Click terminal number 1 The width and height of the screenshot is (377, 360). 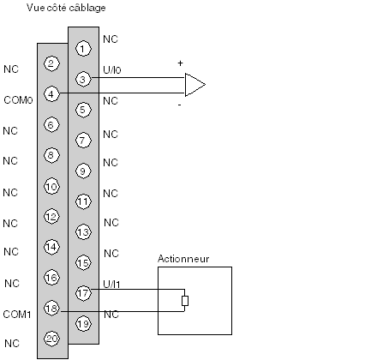(x=83, y=49)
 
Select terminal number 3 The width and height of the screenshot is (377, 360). (x=83, y=79)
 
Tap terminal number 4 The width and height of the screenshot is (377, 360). (x=51, y=94)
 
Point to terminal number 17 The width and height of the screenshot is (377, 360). (x=83, y=293)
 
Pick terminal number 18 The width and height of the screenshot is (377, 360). (x=51, y=309)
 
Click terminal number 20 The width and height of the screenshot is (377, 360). (x=51, y=339)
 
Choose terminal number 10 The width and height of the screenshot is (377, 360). (x=51, y=187)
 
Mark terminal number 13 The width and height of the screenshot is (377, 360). (x=83, y=232)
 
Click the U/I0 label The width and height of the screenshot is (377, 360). (x=112, y=69)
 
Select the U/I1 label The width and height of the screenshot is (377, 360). (x=111, y=284)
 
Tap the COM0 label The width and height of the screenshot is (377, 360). (x=18, y=100)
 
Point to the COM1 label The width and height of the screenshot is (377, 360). (x=17, y=315)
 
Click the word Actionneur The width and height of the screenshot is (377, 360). (x=183, y=259)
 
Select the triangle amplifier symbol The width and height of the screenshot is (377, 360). (x=194, y=85)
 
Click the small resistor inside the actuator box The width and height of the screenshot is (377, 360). (x=185, y=301)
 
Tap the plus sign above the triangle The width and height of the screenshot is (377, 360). (x=180, y=63)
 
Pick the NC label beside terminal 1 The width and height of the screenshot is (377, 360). (x=111, y=39)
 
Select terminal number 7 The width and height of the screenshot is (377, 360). (x=83, y=141)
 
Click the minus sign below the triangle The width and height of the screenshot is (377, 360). (x=179, y=105)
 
